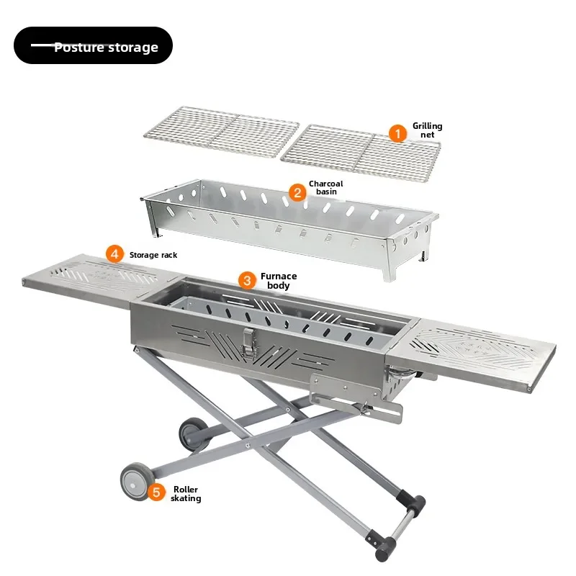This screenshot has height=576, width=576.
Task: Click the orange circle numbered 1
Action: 397,133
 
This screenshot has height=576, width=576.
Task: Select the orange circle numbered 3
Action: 247,280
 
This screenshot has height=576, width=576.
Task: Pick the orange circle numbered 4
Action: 114,254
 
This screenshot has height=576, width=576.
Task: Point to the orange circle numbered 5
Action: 156,492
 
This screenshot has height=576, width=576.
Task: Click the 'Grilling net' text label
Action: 428,130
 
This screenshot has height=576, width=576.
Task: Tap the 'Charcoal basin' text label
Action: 326,188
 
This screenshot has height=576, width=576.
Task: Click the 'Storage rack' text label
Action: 153,255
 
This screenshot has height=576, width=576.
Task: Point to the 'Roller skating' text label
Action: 186,494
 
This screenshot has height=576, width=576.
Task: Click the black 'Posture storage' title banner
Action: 94,45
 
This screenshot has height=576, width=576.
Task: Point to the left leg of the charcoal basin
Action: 153,219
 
